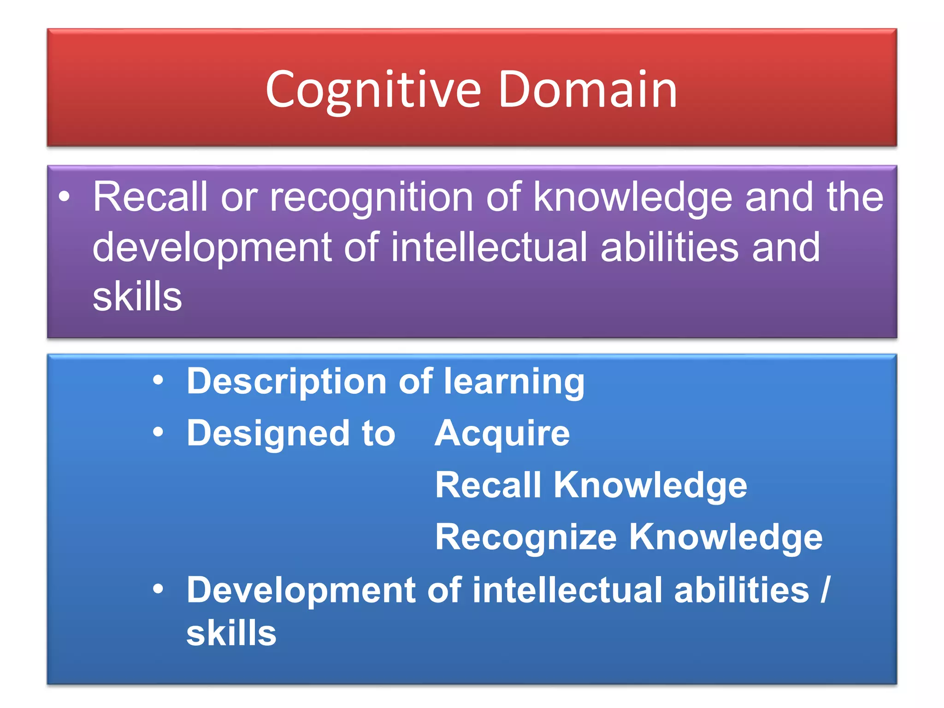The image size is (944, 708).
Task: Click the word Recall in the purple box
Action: (x=150, y=197)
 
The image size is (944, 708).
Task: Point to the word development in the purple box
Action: (x=212, y=248)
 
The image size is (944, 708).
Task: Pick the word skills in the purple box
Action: (x=137, y=297)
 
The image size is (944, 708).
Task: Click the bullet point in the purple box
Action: (x=65, y=197)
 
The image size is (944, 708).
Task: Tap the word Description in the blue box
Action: (x=286, y=382)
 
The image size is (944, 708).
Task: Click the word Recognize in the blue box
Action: (x=526, y=537)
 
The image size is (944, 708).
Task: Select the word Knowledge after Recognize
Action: (x=726, y=537)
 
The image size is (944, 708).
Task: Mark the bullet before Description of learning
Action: (x=159, y=381)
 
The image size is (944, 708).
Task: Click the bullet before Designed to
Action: (x=159, y=432)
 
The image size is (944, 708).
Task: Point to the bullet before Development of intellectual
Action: (x=159, y=589)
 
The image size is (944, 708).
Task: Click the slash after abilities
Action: (x=825, y=590)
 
